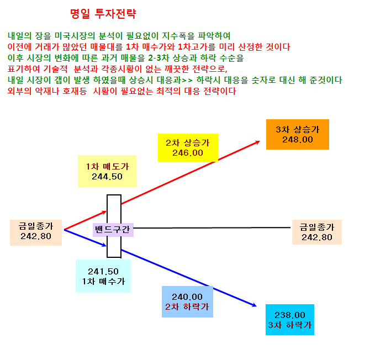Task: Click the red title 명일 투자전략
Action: pyautogui.click(x=103, y=13)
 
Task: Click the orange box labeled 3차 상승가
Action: pyautogui.click(x=298, y=134)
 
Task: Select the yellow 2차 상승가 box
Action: pyautogui.click(x=188, y=147)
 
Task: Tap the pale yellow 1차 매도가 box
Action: pyautogui.click(x=107, y=171)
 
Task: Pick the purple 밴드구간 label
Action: pyautogui.click(x=113, y=230)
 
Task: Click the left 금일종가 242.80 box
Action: pyautogui.click(x=36, y=232)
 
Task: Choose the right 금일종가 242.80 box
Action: pyautogui.click(x=317, y=232)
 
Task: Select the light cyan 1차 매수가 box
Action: pyautogui.click(x=103, y=276)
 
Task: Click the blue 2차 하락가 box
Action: pyautogui.click(x=187, y=301)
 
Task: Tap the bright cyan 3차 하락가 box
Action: pyautogui.click(x=290, y=320)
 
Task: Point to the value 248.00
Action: pyautogui.click(x=298, y=140)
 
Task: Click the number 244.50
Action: pyautogui.click(x=107, y=177)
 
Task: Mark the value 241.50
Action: pyautogui.click(x=103, y=272)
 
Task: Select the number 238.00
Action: pyautogui.click(x=290, y=315)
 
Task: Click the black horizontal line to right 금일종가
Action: pyautogui.click(x=212, y=228)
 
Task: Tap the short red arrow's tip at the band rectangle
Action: pyautogui.click(x=107, y=211)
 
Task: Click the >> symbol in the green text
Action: pyautogui.click(x=187, y=80)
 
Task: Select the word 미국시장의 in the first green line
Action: pyautogui.click(x=75, y=36)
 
